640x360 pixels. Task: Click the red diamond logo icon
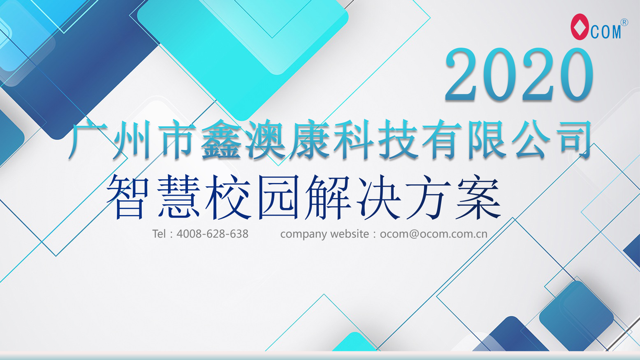click(580, 27)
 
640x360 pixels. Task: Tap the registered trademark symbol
click(624, 22)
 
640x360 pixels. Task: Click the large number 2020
click(519, 74)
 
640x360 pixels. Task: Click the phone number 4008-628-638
click(212, 234)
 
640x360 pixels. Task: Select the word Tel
click(159, 234)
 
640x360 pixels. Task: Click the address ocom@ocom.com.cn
click(434, 234)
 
